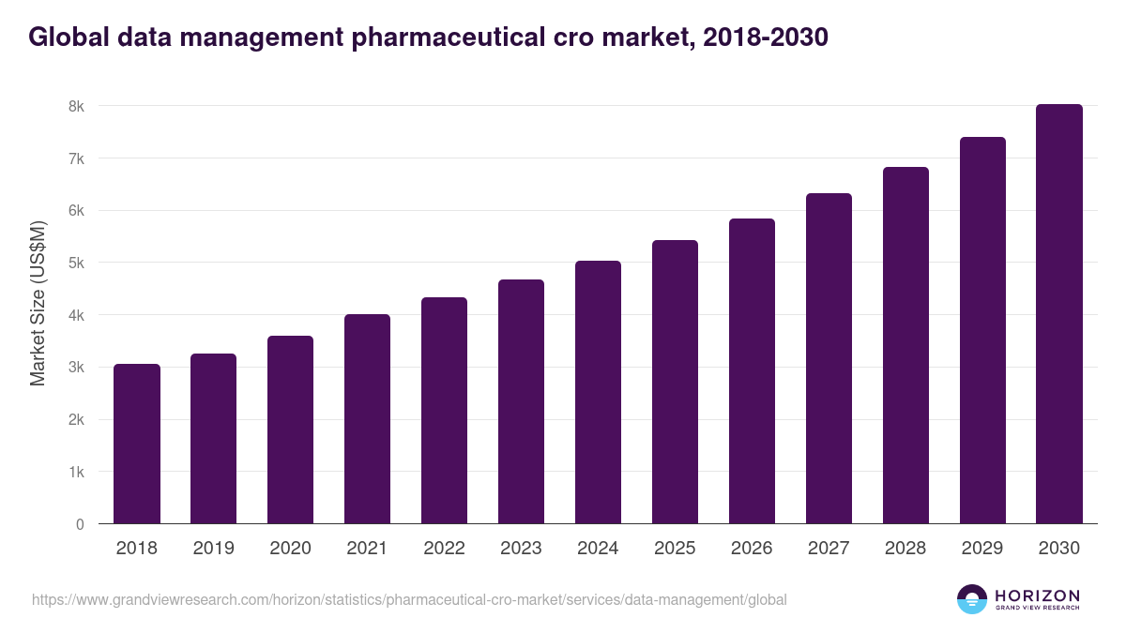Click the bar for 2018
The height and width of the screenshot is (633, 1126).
137,444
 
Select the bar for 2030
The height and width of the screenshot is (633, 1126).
1059,314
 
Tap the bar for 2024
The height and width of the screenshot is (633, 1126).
598,392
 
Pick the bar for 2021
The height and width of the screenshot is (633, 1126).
367,419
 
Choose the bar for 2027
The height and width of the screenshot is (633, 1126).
829,358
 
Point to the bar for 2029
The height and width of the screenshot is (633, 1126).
982,330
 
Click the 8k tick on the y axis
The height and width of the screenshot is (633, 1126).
76,106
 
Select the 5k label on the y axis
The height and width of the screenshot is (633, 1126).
76,264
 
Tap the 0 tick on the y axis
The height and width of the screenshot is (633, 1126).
80,524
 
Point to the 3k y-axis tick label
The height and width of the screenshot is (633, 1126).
76,368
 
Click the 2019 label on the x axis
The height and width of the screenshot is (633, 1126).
213,549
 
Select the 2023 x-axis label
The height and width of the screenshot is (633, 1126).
521,549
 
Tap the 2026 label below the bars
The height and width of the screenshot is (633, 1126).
752,549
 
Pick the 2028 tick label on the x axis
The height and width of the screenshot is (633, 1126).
905,549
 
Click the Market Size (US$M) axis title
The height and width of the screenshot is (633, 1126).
38,303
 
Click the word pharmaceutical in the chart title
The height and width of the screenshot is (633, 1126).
444,38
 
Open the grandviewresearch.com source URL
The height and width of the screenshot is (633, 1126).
409,599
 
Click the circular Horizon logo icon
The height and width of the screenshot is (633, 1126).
971,599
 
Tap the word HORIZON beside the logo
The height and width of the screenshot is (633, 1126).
1037,595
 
